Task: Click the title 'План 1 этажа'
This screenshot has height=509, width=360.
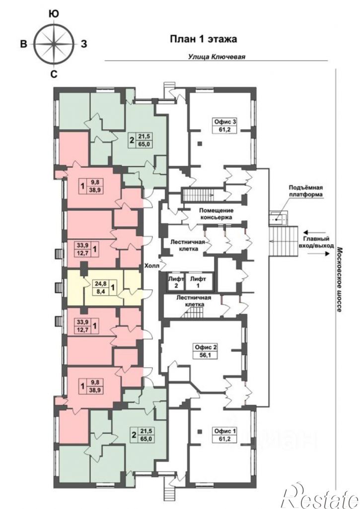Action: click(204, 39)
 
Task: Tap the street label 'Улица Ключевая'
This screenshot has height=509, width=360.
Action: click(216, 57)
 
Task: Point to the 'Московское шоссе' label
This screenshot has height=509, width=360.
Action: click(339, 279)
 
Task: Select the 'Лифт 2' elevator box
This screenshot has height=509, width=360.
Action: click(176, 282)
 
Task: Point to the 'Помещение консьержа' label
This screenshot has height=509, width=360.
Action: click(216, 214)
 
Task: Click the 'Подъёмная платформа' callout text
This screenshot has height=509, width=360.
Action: click(306, 191)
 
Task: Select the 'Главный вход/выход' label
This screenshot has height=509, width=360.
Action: click(316, 243)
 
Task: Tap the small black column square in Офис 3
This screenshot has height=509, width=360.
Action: click(200, 143)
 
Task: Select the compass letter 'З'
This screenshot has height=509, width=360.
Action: click(84, 44)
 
